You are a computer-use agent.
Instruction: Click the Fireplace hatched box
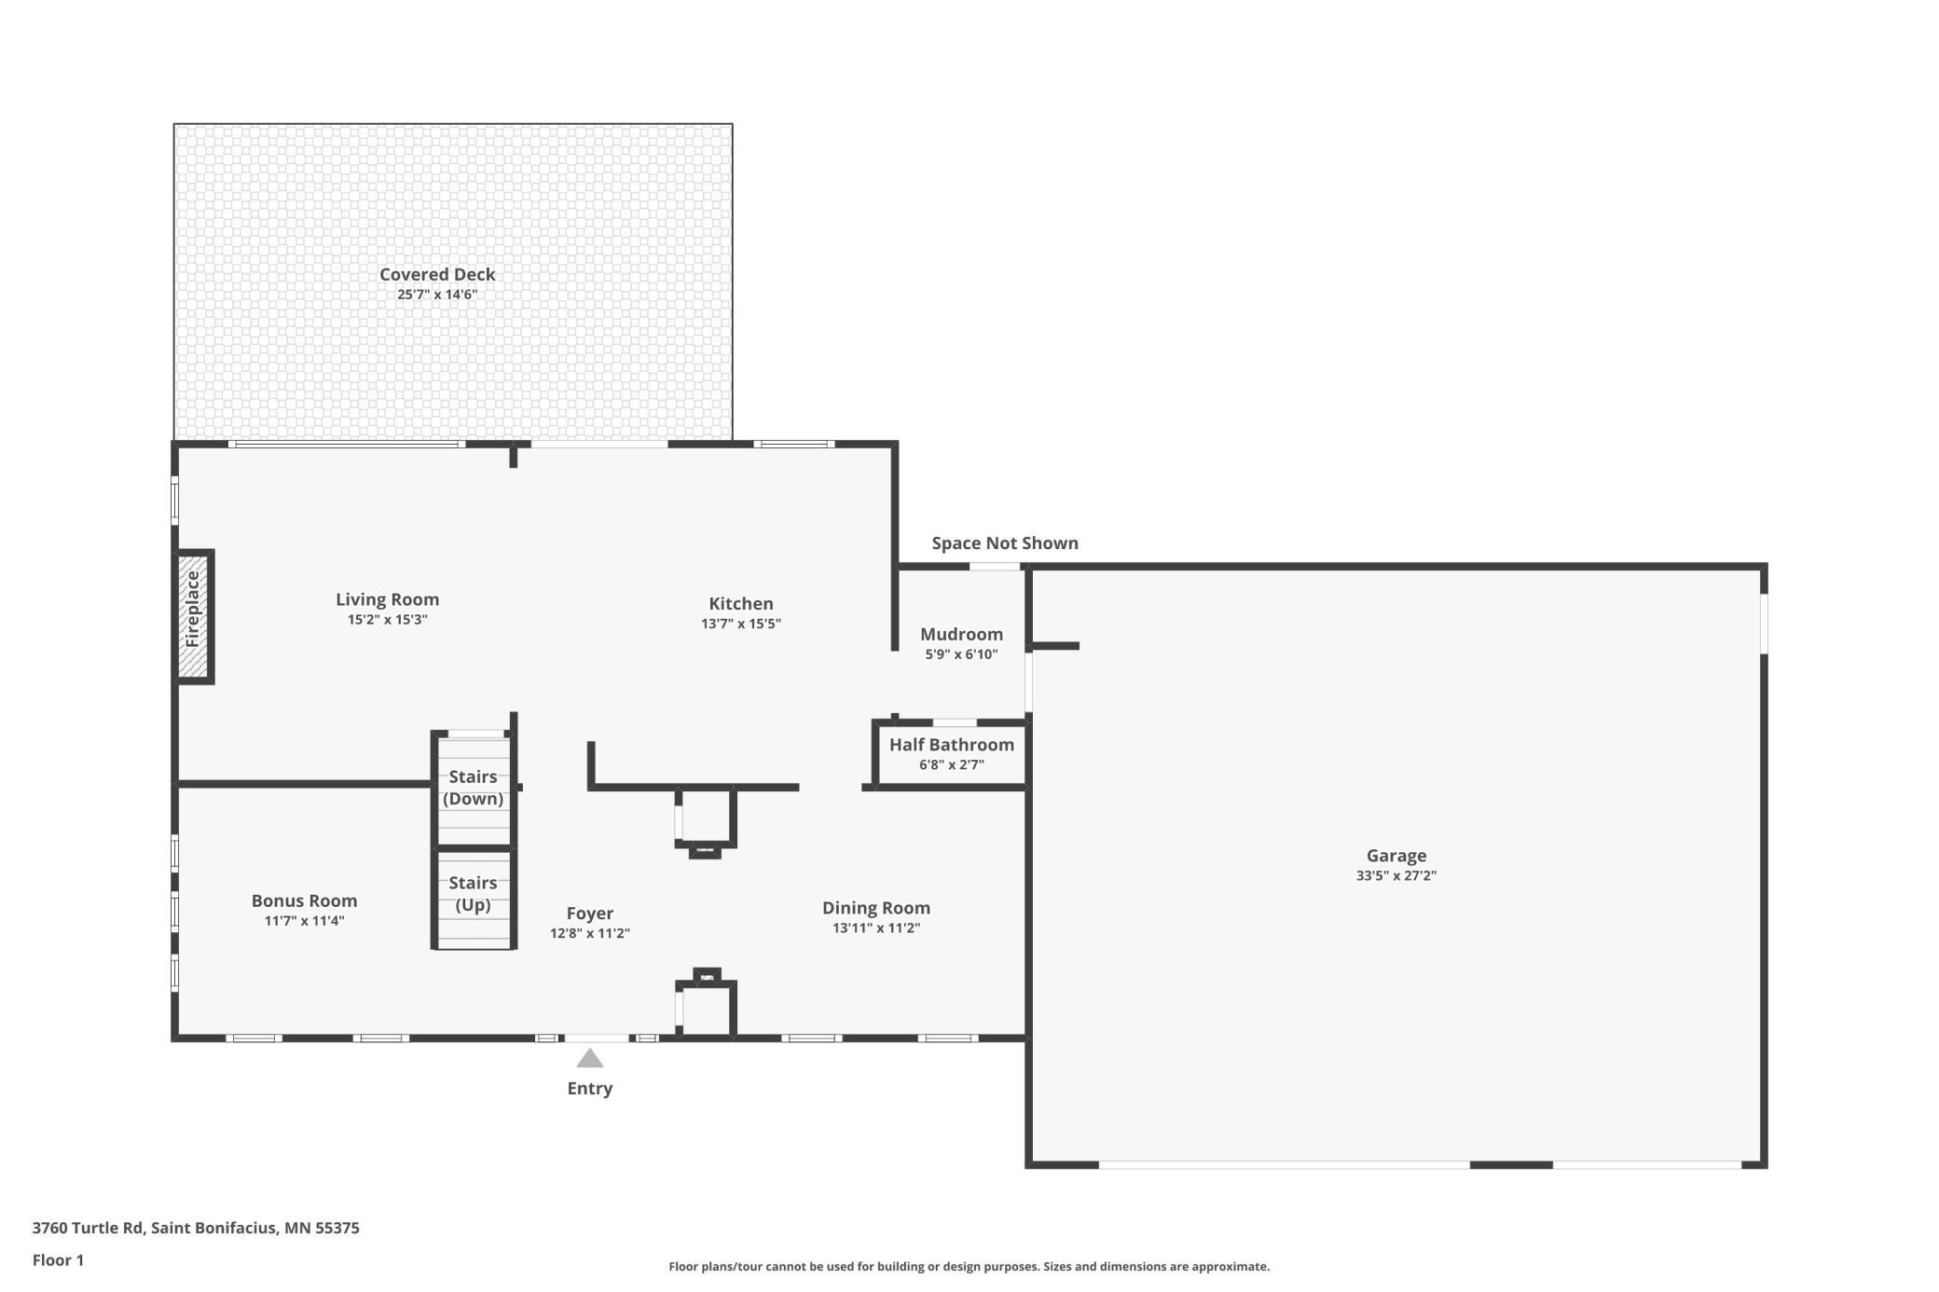pos(193,616)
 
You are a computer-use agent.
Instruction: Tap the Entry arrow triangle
pos(589,1058)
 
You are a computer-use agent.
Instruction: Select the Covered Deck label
pos(437,274)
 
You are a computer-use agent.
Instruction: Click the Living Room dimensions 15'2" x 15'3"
pos(388,620)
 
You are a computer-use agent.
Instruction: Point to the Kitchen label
pos(741,603)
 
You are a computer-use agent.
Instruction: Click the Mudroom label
pos(961,634)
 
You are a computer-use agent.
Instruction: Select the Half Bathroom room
pos(952,754)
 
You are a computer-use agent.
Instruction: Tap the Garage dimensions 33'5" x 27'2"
pos(1396,875)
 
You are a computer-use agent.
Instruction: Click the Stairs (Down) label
pos(473,788)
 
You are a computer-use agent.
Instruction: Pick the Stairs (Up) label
pos(473,894)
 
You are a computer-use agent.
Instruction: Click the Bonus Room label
pos(304,900)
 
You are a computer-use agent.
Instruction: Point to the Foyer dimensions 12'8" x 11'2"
pos(590,933)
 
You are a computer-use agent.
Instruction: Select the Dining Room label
pos(876,908)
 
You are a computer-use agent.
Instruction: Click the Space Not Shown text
pos(1005,543)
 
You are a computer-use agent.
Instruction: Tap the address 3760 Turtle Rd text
pos(89,1228)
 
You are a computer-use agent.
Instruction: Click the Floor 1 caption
pos(58,1260)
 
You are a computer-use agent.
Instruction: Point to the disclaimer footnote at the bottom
pos(969,1267)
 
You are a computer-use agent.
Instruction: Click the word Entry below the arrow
pos(590,1089)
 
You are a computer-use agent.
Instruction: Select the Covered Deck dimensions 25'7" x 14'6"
pos(437,295)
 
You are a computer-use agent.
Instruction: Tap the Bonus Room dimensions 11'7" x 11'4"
pos(304,921)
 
